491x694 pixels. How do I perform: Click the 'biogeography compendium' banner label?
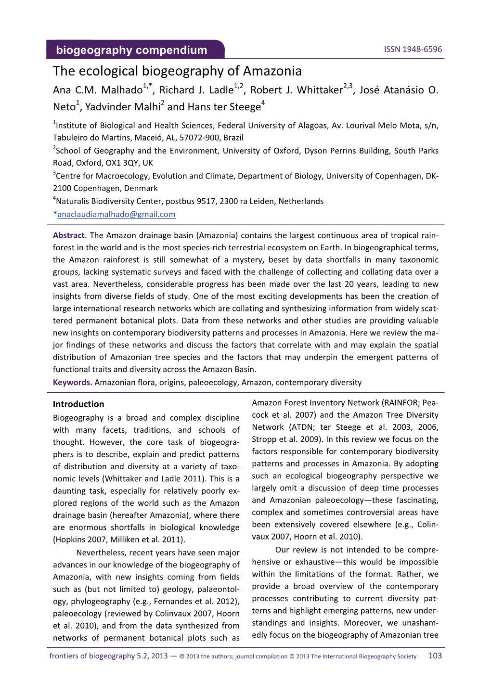(x=131, y=50)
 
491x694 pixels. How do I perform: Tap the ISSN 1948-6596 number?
(x=413, y=49)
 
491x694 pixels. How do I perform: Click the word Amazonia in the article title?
(x=272, y=71)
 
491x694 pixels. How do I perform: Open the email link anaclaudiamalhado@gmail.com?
(x=116, y=214)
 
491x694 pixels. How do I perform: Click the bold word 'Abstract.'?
(x=70, y=235)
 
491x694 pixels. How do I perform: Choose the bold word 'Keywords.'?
(x=73, y=382)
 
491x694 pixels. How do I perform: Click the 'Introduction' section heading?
(x=78, y=404)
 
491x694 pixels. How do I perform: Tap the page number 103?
(x=435, y=655)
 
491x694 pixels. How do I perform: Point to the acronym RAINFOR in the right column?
(x=398, y=403)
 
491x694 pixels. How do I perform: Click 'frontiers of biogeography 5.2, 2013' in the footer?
(x=108, y=656)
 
